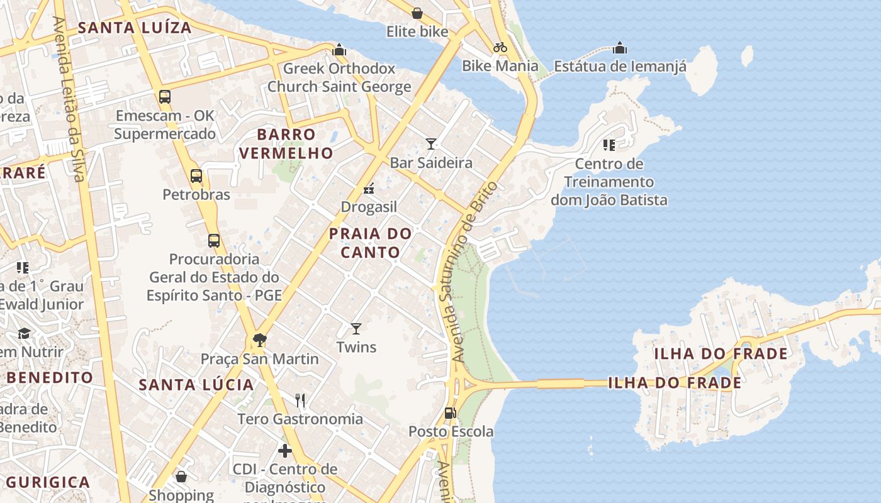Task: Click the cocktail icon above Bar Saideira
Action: (x=431, y=144)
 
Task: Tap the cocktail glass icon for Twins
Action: (x=356, y=328)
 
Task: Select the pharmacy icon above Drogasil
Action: (x=369, y=188)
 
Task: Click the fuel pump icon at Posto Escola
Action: (x=450, y=413)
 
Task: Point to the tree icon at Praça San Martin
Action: (x=259, y=340)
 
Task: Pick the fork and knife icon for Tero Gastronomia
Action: (x=300, y=400)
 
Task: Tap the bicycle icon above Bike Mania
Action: (x=500, y=47)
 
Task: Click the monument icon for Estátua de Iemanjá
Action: (x=620, y=48)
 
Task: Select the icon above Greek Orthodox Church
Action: (x=339, y=49)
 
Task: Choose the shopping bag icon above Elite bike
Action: (x=417, y=13)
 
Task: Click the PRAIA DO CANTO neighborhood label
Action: (x=371, y=243)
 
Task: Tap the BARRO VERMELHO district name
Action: (x=286, y=143)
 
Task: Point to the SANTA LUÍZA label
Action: (x=135, y=28)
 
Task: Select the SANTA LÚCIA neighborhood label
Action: (x=196, y=385)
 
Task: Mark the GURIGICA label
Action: (x=48, y=482)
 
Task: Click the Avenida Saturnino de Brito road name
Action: (x=474, y=272)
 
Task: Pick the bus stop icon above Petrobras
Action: (x=196, y=176)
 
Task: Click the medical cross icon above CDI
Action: (x=285, y=450)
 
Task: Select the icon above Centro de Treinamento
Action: (x=609, y=145)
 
